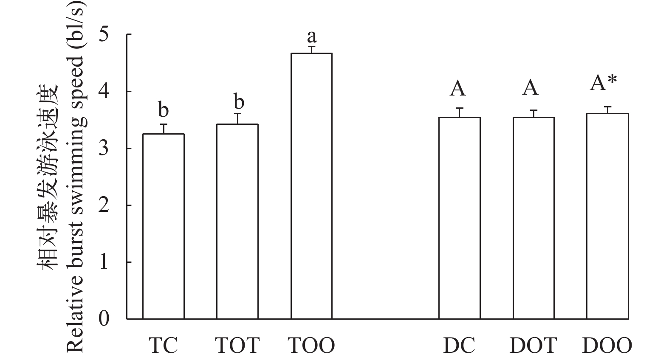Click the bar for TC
(x=163, y=226)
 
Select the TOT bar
(x=237, y=221)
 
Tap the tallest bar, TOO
(x=311, y=186)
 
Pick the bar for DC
(x=459, y=218)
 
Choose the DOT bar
(x=533, y=218)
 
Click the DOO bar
(x=607, y=216)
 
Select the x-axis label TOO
(x=311, y=346)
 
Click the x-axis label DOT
(x=533, y=346)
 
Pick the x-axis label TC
(x=163, y=346)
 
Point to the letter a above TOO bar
(x=311, y=36)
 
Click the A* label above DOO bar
(x=603, y=83)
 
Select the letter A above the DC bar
(x=458, y=89)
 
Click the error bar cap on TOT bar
(x=237, y=114)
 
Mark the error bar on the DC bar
(x=459, y=112)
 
